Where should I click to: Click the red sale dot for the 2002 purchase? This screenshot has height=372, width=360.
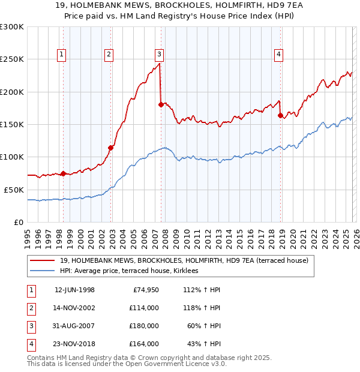(110, 148)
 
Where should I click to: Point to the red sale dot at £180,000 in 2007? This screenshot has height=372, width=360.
(161, 104)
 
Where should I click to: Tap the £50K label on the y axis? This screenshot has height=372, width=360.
(13, 190)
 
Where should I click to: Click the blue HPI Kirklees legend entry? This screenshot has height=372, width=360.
(133, 271)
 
